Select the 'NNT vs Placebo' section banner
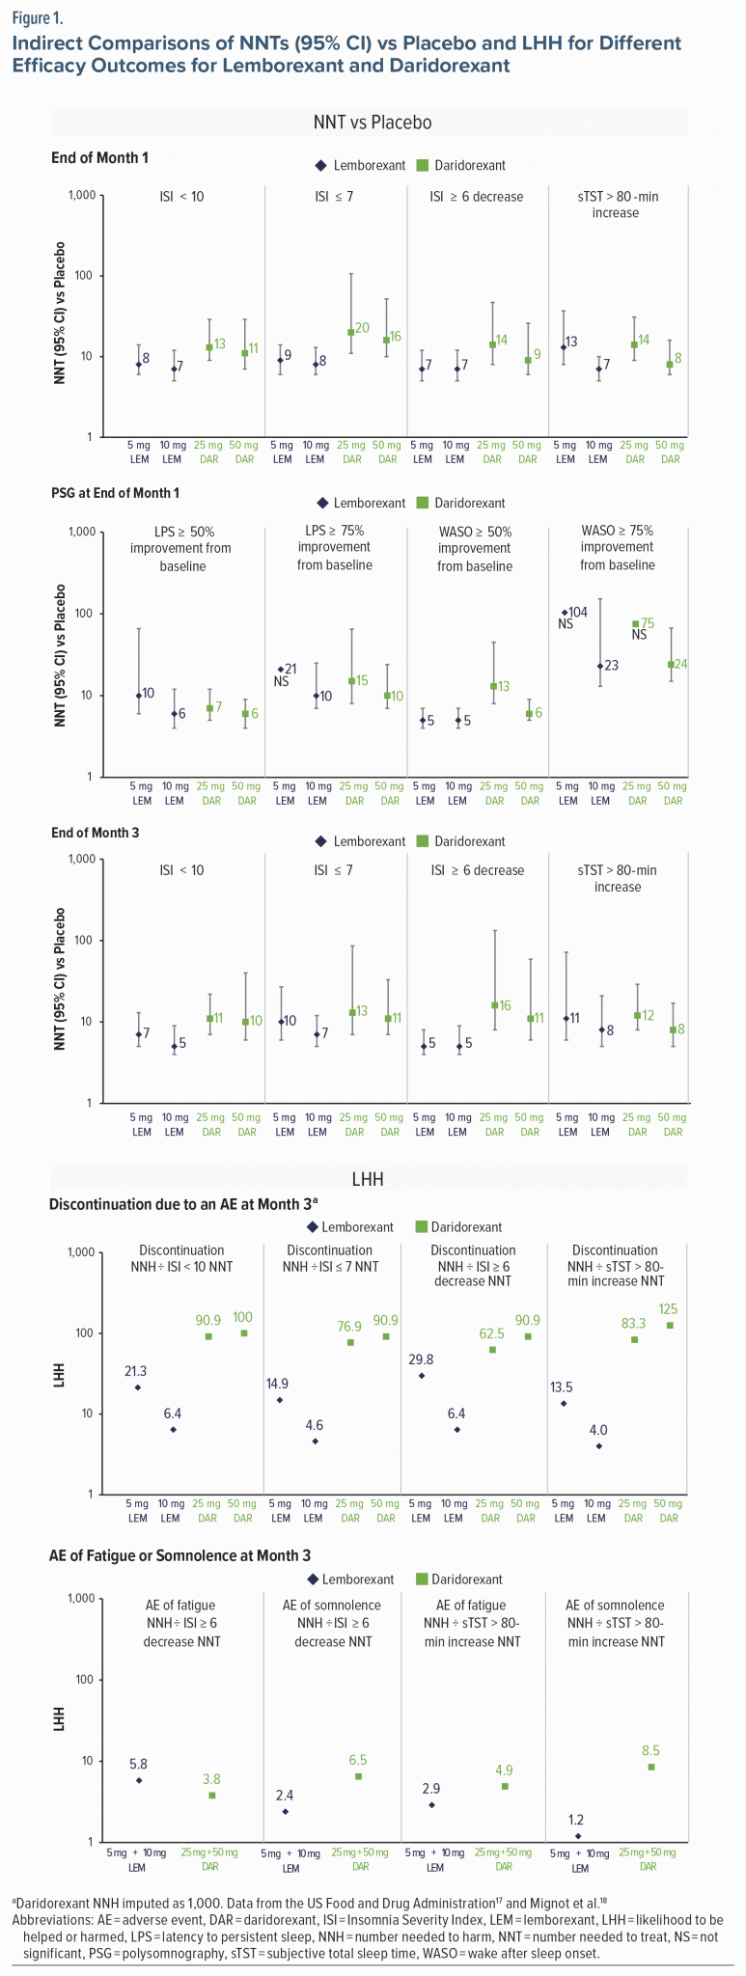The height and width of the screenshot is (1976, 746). coord(372,123)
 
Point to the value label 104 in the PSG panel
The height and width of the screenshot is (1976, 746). coord(577,613)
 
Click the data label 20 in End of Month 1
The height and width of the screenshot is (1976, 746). coord(363,329)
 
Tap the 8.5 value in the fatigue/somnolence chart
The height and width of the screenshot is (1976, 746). coord(651,1750)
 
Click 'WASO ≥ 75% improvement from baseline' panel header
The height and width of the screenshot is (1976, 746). coord(618,547)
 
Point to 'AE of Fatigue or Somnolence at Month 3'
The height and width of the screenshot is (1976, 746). coord(179,1555)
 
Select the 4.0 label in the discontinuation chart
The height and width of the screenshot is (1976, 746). coord(599,1430)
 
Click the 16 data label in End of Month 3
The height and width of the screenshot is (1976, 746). coord(504,1005)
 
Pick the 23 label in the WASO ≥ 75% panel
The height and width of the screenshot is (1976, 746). coord(610,666)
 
